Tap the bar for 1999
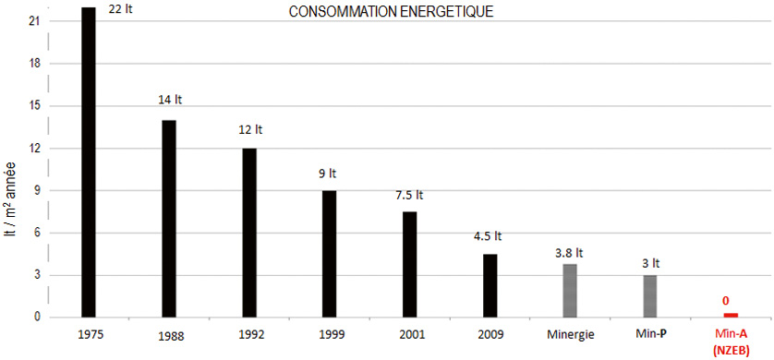pyautogui.click(x=329, y=254)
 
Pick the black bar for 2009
pyautogui.click(x=490, y=285)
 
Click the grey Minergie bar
pyautogui.click(x=570, y=290)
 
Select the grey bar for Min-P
pyautogui.click(x=650, y=295)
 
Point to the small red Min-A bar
pyautogui.click(x=731, y=315)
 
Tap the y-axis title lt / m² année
pyautogui.click(x=12, y=210)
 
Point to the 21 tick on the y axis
pyautogui.click(x=34, y=21)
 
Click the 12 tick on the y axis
pyautogui.click(x=34, y=148)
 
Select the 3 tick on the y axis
pyautogui.click(x=37, y=275)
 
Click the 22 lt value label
pyautogui.click(x=120, y=11)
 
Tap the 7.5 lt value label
pyautogui.click(x=409, y=196)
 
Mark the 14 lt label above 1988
pyautogui.click(x=170, y=100)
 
